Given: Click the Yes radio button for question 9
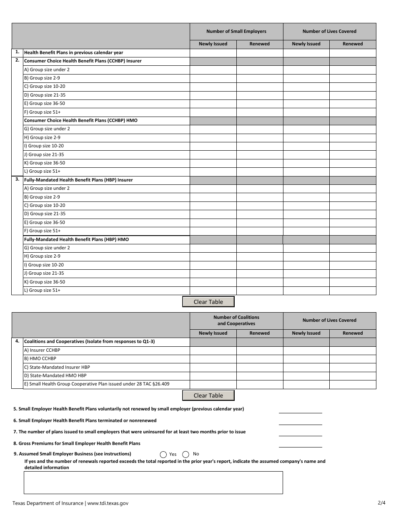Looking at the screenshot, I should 163,455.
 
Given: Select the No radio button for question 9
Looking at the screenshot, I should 186,455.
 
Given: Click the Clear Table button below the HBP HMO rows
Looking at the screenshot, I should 208,302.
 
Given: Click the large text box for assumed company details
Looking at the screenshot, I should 153,482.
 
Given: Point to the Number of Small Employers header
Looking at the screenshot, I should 236,31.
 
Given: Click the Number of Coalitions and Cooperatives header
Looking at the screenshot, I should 236,321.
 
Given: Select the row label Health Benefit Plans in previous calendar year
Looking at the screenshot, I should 74,53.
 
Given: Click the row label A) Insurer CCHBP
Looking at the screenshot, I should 42,350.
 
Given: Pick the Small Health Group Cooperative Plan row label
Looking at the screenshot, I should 97,384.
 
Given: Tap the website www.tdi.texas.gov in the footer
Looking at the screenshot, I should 108,503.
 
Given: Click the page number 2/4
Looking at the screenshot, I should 381,503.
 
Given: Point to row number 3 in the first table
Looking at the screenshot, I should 17,179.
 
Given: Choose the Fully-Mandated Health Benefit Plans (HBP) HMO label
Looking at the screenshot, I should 77,240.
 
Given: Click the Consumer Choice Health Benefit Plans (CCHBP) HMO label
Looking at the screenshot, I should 81,121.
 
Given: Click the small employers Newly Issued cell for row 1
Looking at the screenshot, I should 213,53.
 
